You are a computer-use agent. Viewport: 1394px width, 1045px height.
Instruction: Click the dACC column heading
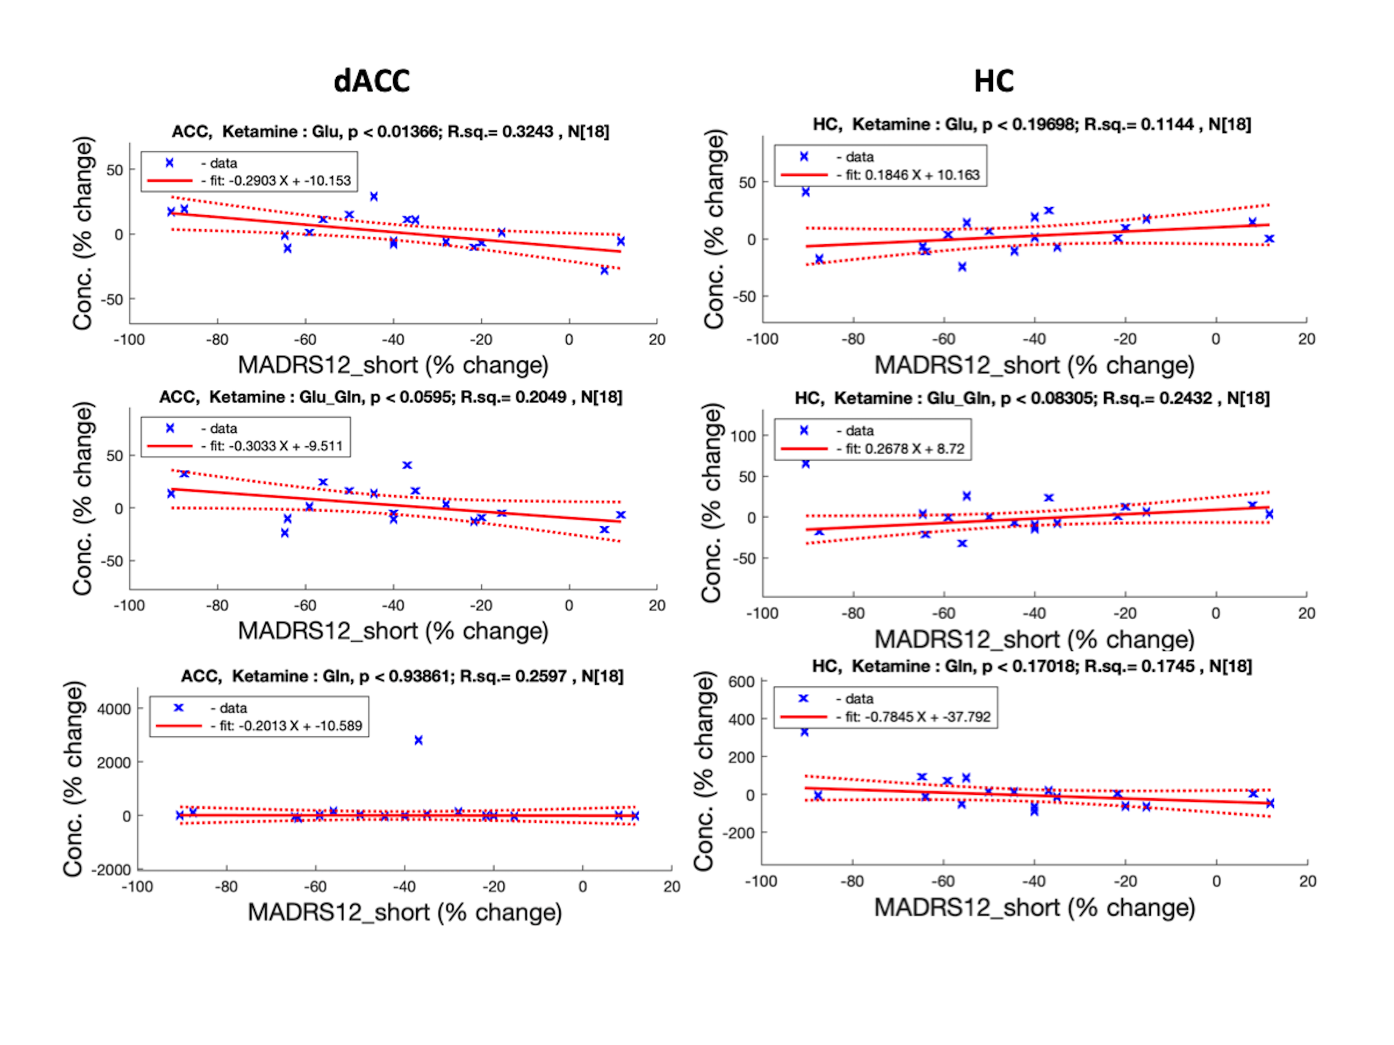point(372,81)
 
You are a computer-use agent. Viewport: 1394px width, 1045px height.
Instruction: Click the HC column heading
point(994,81)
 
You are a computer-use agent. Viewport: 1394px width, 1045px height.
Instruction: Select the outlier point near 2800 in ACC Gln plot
point(419,740)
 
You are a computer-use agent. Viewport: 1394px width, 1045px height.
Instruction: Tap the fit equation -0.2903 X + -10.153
point(280,181)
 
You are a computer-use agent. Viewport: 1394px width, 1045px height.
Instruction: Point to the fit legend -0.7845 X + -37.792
point(917,717)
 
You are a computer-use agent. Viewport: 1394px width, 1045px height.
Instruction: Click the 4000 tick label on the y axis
point(113,708)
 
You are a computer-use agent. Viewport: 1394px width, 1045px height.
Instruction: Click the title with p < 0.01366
point(391,132)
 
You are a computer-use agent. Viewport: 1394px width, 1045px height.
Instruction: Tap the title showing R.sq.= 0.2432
point(1032,398)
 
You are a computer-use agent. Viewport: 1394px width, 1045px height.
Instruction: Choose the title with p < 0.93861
point(402,676)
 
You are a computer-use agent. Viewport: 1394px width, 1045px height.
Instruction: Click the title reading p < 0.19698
point(1032,124)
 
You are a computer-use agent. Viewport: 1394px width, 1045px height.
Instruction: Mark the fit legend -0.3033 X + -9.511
point(276,446)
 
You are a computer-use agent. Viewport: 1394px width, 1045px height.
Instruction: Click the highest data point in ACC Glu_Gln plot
point(407,465)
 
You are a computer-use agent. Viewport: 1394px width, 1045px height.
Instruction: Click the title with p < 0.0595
point(391,397)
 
